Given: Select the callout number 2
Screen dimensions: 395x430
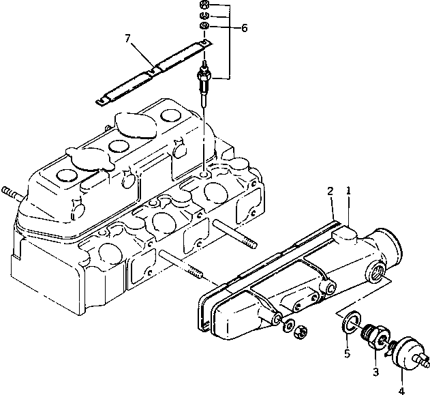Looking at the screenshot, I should pyautogui.click(x=330, y=192).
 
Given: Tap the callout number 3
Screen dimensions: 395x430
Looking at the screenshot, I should pyautogui.click(x=375, y=372).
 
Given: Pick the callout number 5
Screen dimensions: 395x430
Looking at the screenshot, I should pyautogui.click(x=346, y=353).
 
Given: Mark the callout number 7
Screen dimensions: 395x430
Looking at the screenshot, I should pyautogui.click(x=127, y=37).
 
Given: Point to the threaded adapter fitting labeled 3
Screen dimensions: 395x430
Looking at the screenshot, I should pyautogui.click(x=375, y=337).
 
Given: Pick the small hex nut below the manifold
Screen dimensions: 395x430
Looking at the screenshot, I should pyautogui.click(x=296, y=333).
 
